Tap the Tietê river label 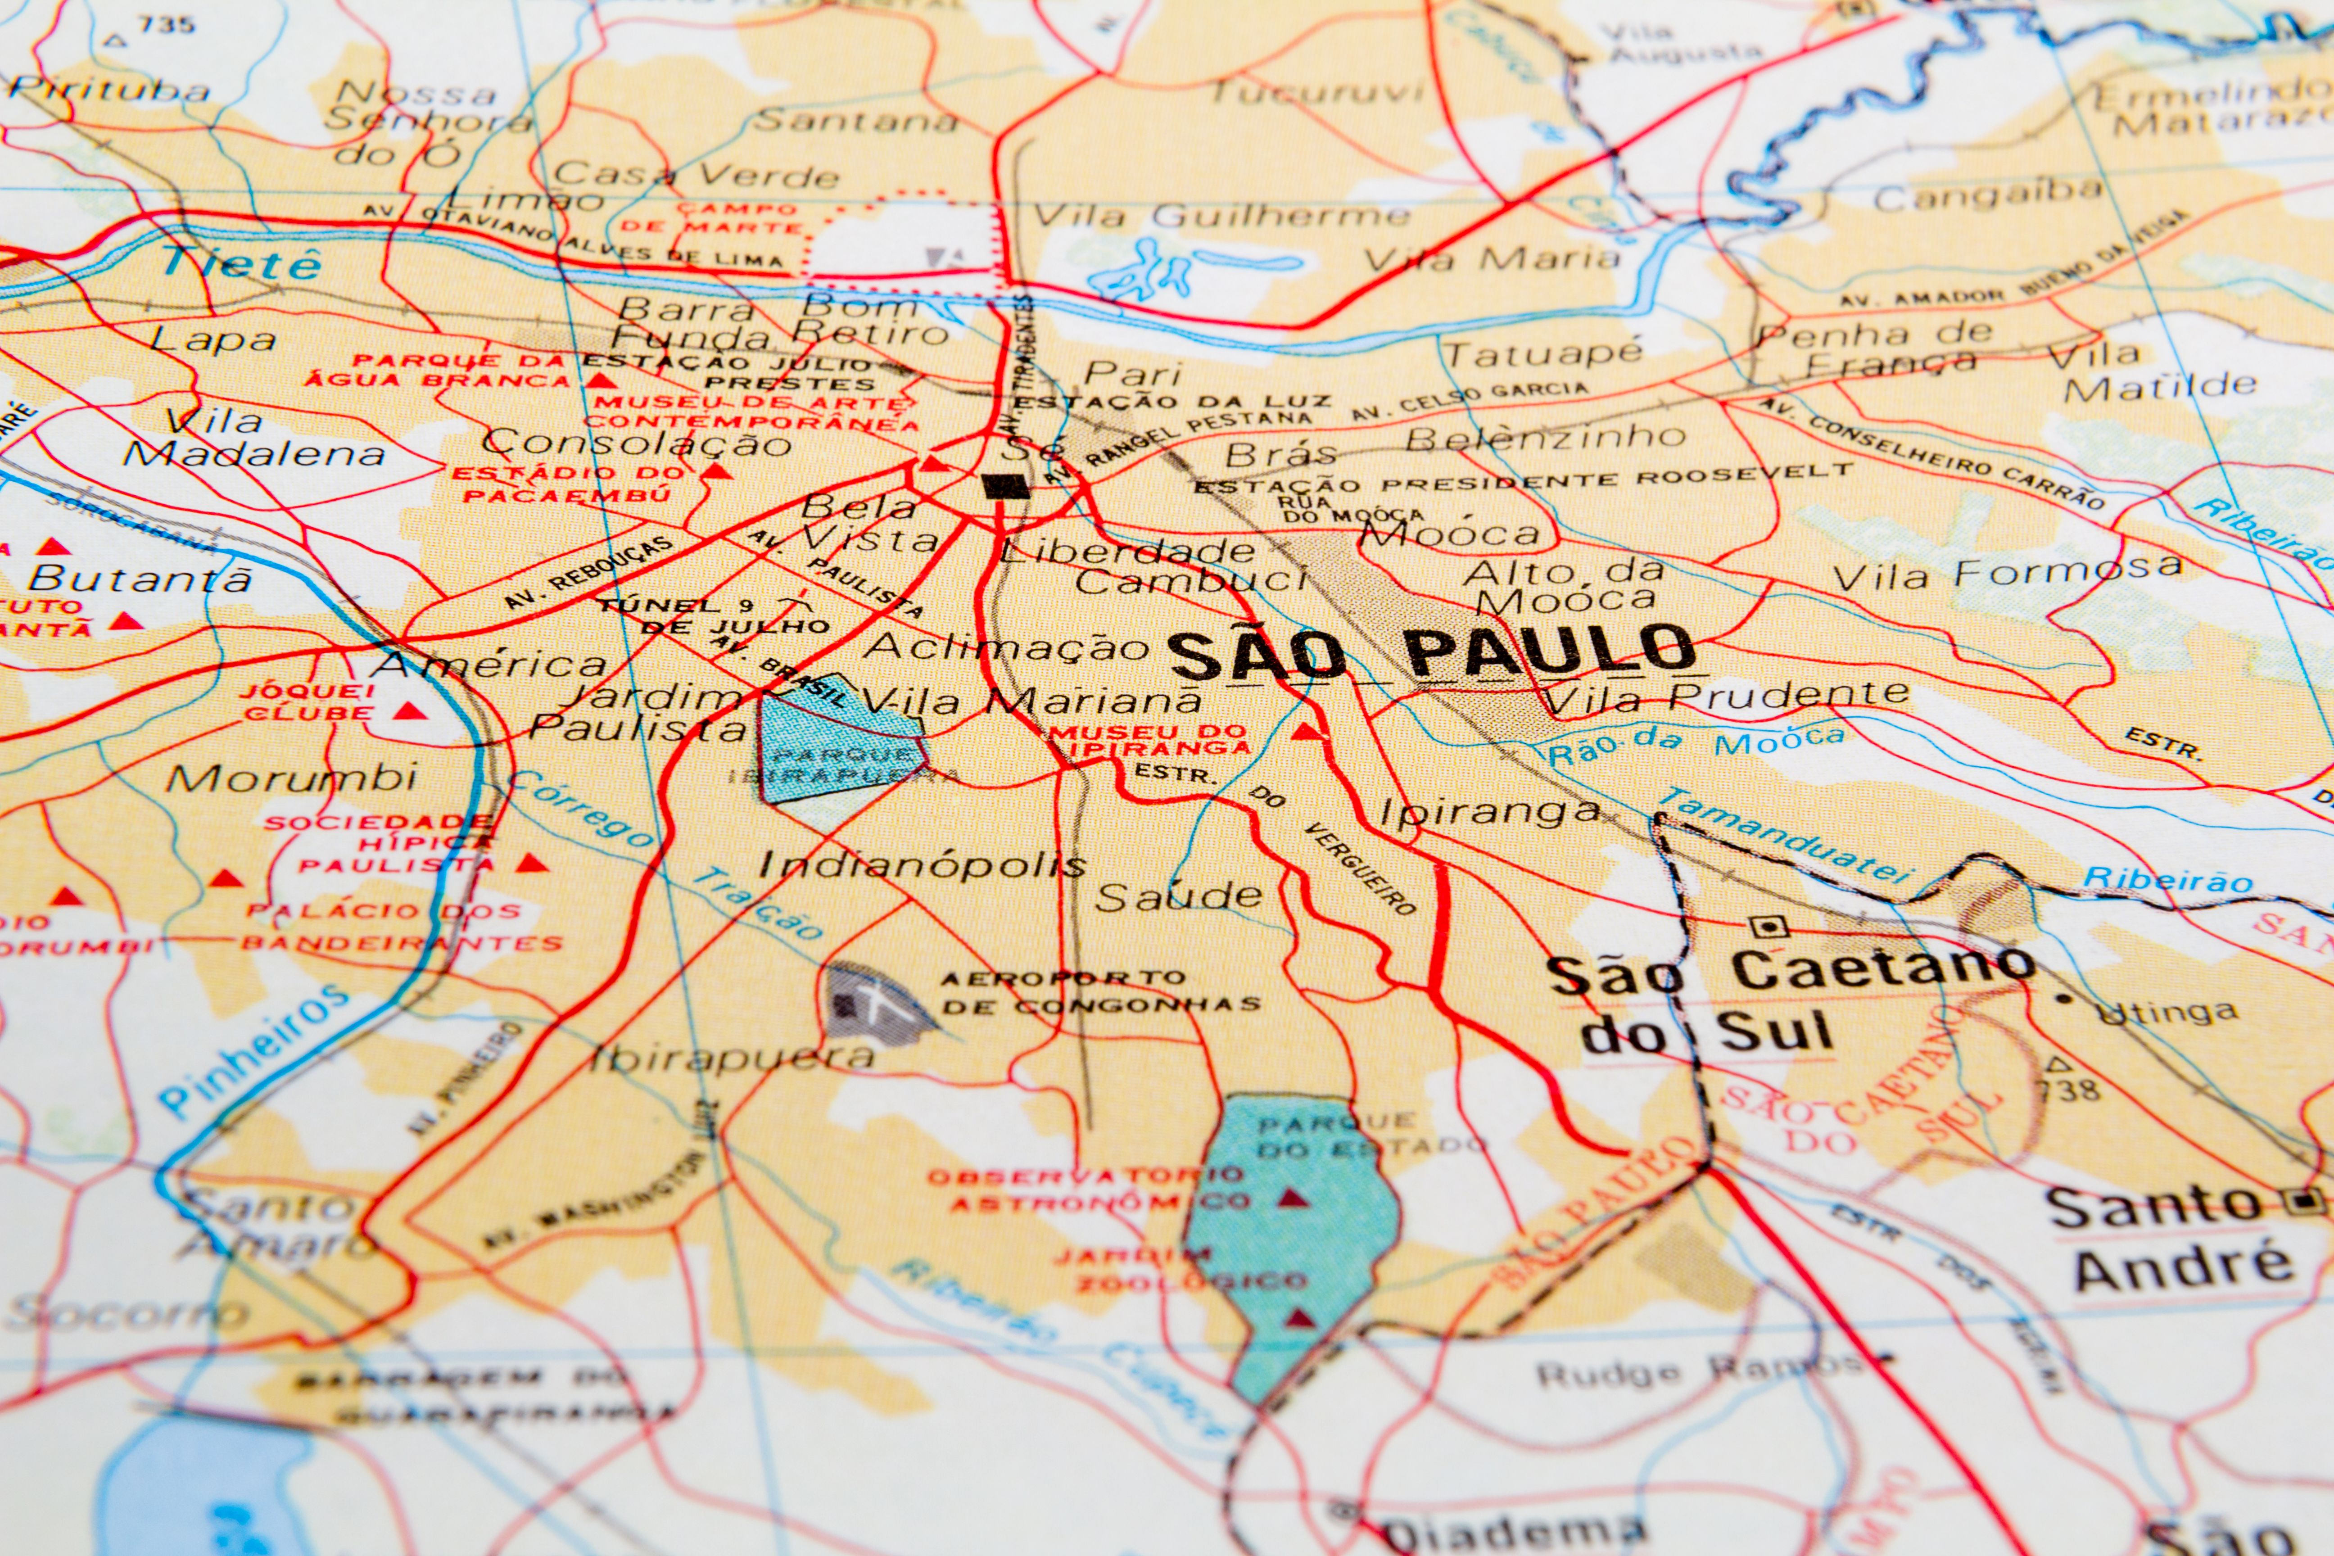tap(241, 263)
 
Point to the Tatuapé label tap(1543, 352)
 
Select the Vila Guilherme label tap(1221, 215)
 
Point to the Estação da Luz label tap(1171, 401)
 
